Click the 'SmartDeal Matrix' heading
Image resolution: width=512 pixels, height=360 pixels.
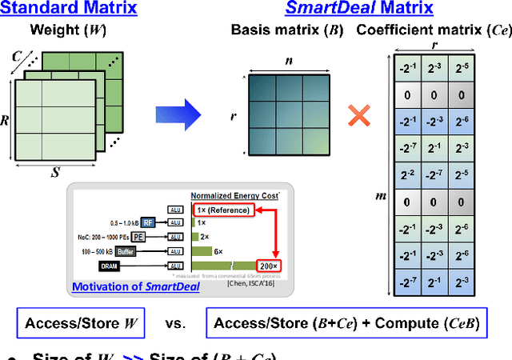(x=360, y=10)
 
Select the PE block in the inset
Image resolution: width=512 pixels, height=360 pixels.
(x=140, y=237)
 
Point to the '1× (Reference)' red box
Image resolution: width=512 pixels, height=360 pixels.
(x=223, y=210)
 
